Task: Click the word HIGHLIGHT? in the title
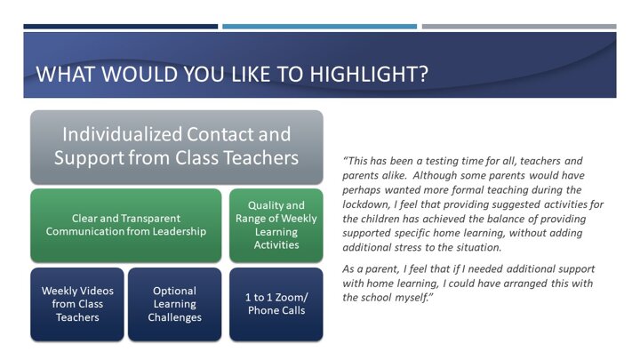tap(369, 74)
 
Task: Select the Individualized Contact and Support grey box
tap(177, 147)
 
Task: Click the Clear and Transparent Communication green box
tap(126, 225)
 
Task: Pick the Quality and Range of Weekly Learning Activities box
tap(276, 225)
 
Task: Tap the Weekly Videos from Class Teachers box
tap(77, 304)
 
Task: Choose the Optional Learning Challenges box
tap(175, 304)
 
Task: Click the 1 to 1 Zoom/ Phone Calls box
tap(276, 304)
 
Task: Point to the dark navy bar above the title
tap(120, 27)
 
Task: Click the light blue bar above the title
tap(320, 27)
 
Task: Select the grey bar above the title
tap(519, 27)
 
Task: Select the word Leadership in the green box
tap(180, 231)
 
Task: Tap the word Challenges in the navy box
tap(175, 317)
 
